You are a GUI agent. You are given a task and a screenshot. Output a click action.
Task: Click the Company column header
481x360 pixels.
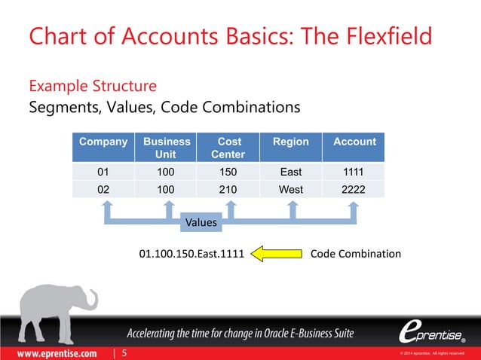pyautogui.click(x=103, y=142)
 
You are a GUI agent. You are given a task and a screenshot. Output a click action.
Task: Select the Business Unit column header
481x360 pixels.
pyautogui.click(x=166, y=148)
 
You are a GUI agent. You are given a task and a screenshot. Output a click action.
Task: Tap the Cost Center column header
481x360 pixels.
pyautogui.click(x=228, y=148)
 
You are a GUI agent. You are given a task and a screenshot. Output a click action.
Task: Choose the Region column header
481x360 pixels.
pyautogui.click(x=291, y=142)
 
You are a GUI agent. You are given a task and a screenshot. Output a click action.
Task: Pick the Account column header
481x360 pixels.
pyautogui.click(x=354, y=142)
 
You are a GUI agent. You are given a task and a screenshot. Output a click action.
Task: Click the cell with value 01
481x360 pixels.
pyautogui.click(x=103, y=172)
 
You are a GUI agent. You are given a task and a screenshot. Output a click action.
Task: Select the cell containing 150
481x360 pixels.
pyautogui.click(x=228, y=172)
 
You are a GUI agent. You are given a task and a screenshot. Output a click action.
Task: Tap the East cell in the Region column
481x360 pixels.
pyautogui.click(x=291, y=172)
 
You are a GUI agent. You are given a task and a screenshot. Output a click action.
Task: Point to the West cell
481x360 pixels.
pyautogui.click(x=291, y=190)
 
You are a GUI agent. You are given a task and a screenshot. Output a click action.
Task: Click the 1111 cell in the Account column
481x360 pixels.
pyautogui.click(x=354, y=172)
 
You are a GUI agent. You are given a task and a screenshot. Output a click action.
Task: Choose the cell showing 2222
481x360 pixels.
pyautogui.click(x=354, y=190)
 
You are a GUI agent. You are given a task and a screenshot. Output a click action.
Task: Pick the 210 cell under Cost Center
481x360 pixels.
pyautogui.click(x=228, y=190)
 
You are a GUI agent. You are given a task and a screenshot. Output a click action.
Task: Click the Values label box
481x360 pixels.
pyautogui.click(x=201, y=223)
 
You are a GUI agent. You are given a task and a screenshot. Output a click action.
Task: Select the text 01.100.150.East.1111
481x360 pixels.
pyautogui.click(x=191, y=255)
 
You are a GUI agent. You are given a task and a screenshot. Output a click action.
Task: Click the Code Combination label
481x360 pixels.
pyautogui.click(x=355, y=255)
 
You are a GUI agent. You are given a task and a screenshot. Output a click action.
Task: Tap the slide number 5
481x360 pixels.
pyautogui.click(x=124, y=352)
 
